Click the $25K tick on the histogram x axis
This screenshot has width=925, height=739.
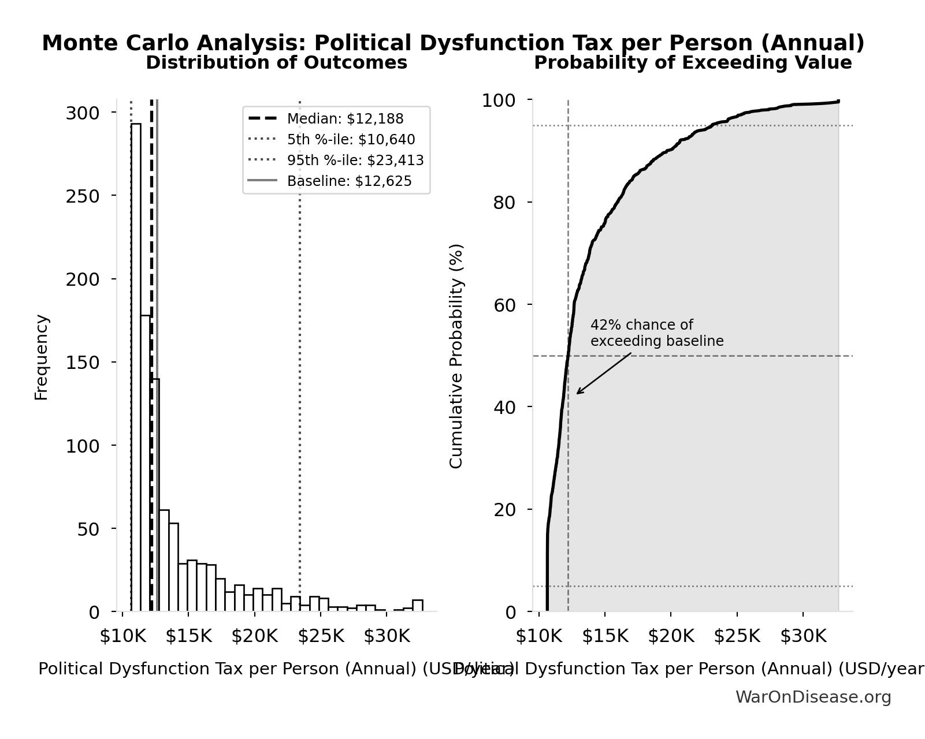coord(321,636)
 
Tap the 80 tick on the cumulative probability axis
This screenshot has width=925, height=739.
coord(505,203)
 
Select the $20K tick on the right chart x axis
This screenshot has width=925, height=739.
coord(671,636)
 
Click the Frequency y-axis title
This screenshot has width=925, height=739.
coord(42,357)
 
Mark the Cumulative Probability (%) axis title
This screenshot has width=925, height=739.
coord(456,356)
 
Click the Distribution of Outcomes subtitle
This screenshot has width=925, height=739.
coord(276,63)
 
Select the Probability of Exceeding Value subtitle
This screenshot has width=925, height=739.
coord(693,63)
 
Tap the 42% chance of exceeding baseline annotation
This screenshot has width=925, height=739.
coord(656,333)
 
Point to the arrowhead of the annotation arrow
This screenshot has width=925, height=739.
coord(578,393)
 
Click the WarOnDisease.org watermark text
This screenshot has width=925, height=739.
coord(813,697)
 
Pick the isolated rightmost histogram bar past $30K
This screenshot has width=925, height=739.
coord(417,605)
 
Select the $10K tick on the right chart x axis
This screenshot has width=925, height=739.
coord(539,636)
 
